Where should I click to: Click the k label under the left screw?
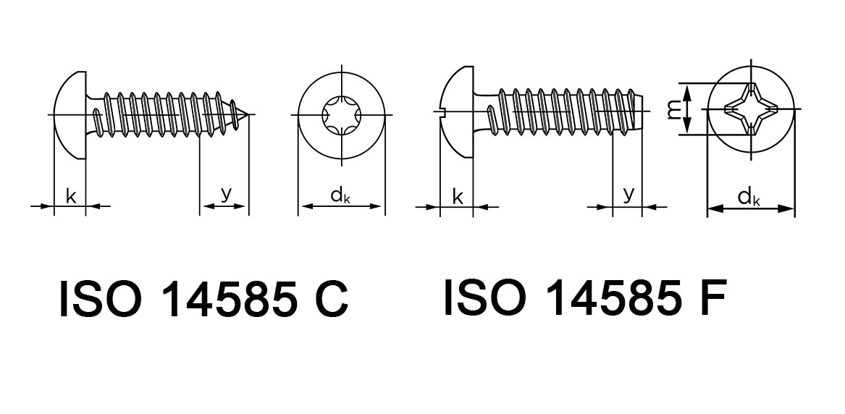point(71,195)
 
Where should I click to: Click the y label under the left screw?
point(226,193)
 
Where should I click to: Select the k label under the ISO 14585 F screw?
point(458,195)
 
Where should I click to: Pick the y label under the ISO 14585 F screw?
point(629,193)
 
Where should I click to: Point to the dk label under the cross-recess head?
point(749,197)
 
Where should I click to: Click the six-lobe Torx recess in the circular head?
point(341,116)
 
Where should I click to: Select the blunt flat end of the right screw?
point(642,111)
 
